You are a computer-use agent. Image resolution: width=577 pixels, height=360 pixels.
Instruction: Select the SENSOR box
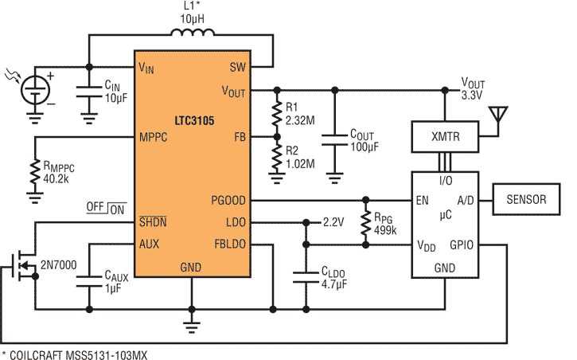527,200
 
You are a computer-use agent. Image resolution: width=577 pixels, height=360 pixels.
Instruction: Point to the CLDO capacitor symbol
304,274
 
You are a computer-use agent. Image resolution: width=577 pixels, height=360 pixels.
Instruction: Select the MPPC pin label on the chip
154,136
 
